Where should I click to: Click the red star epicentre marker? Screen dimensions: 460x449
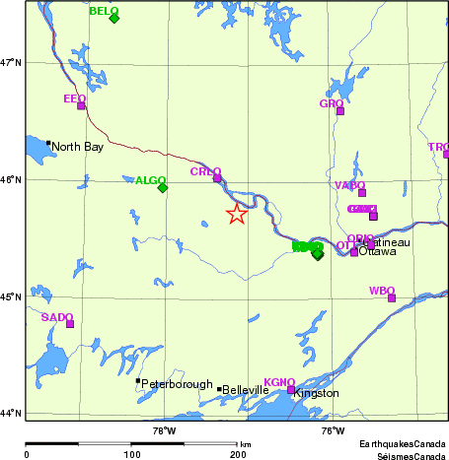[x=237, y=215]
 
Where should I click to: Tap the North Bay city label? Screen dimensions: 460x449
[x=78, y=147]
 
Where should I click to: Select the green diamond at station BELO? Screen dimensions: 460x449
[x=114, y=18]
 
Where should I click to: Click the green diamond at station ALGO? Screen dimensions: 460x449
[x=163, y=187]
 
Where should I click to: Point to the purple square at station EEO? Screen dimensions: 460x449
[x=81, y=105]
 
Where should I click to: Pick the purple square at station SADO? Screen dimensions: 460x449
[x=70, y=323]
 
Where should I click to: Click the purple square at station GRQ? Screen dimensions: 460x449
[x=340, y=110]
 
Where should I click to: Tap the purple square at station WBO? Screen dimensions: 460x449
[x=392, y=297]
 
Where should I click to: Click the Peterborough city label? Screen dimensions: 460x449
[x=177, y=383]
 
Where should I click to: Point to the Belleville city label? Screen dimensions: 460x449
[x=246, y=390]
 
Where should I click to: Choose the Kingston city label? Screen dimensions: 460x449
[x=316, y=393]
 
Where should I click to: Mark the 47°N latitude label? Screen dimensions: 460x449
[x=11, y=63]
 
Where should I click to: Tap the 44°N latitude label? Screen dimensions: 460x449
[x=11, y=414]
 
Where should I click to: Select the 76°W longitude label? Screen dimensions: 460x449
[x=334, y=428]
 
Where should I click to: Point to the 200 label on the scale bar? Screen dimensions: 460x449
[x=238, y=455]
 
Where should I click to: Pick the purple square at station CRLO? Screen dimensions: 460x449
[x=217, y=178]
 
